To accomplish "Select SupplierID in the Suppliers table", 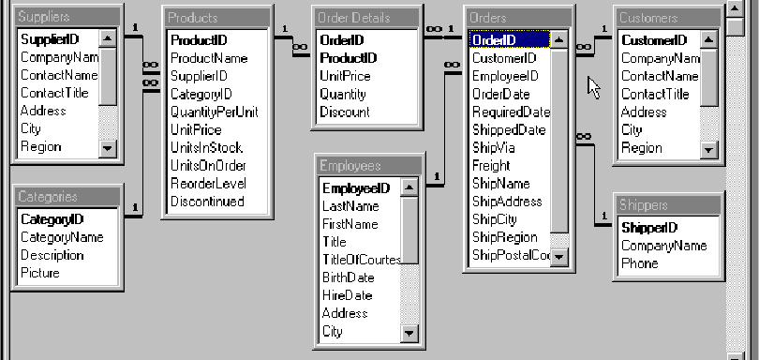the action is coord(50,39).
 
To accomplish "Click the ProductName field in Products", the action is coord(208,58).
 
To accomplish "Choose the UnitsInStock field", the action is coord(206,147).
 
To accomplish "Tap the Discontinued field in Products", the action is coord(206,202).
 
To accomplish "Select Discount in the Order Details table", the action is coord(344,112).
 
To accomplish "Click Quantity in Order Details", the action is coord(343,95).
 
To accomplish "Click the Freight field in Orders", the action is coord(491,166).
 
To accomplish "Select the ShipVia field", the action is coord(493,148).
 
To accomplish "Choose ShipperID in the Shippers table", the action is coord(649,228).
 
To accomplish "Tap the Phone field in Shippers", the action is coord(639,264).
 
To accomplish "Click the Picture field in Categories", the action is coord(40,274).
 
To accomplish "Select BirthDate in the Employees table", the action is coord(348,277).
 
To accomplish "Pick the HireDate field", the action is coord(346,295).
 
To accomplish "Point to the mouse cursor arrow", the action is coord(593,86).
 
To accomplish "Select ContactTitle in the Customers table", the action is coord(655,94).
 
